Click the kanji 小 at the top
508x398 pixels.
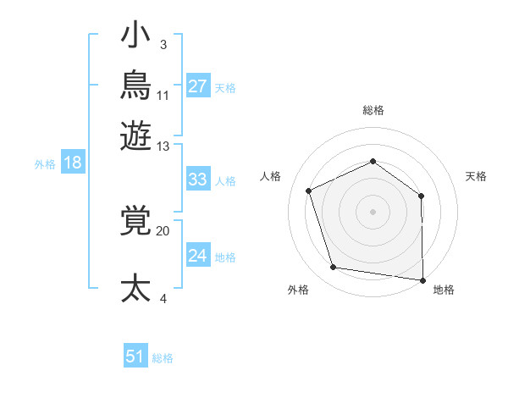coord(135,34)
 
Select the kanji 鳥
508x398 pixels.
coord(135,85)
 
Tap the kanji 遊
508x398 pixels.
coord(135,135)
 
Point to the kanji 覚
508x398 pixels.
coord(135,220)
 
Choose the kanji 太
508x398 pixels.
coord(135,288)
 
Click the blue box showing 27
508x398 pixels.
coord(198,86)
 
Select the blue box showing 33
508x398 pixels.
coord(198,179)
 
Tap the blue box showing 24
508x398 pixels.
coord(198,254)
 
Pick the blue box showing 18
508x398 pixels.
coord(73,162)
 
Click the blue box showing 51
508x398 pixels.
coord(135,355)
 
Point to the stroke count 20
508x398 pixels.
coord(163,231)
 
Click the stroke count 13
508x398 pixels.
coord(163,146)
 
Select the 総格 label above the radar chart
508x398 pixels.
coord(373,110)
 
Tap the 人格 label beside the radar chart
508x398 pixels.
coord(270,176)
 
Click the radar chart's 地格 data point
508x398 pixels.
coord(422,280)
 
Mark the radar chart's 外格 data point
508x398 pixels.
coord(334,267)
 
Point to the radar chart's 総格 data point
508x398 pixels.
coord(373,162)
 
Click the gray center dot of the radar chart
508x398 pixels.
coord(373,212)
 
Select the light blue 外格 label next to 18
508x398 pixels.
coord(45,164)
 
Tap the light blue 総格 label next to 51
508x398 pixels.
coord(163,358)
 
